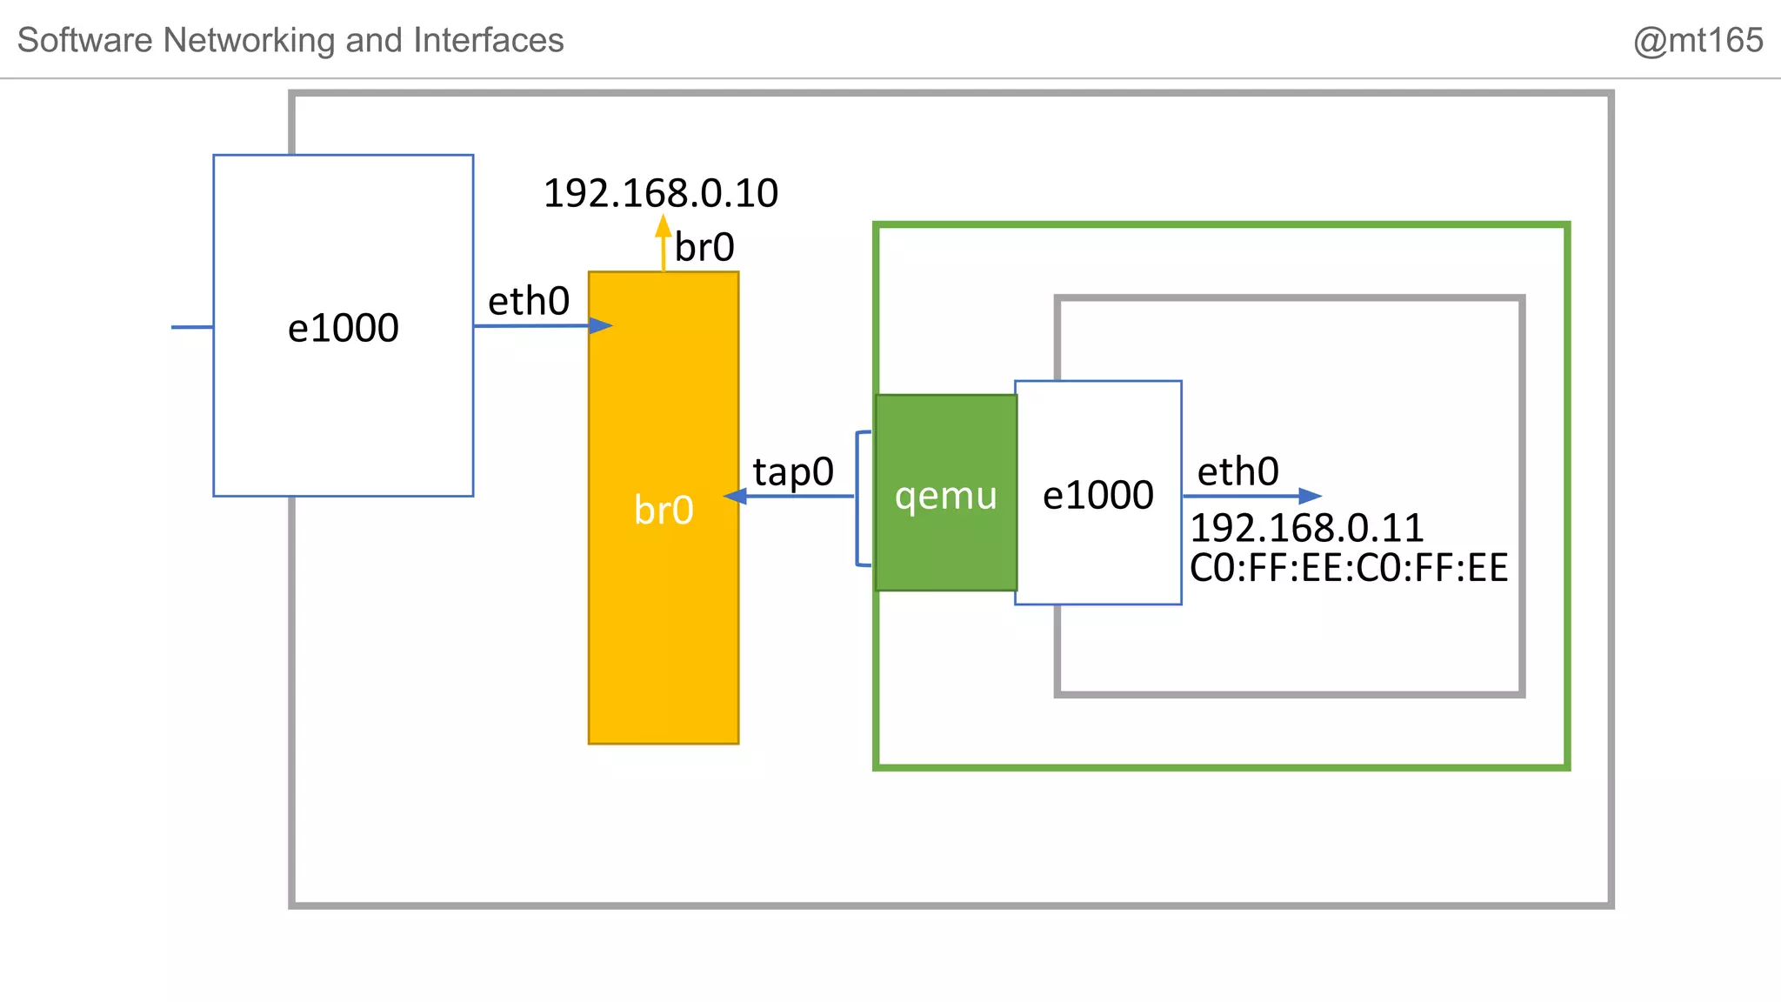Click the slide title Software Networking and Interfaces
point(290,41)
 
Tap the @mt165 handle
point(1697,41)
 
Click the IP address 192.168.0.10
point(660,193)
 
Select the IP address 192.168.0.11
point(1306,528)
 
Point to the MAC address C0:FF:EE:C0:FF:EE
point(1348,568)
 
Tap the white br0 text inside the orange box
point(664,510)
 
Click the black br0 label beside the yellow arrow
point(704,248)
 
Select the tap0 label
point(793,471)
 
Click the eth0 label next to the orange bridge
point(529,302)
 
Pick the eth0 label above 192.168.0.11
point(1237,471)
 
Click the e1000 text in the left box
point(344,328)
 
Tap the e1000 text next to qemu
point(1098,495)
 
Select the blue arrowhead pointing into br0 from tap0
point(735,496)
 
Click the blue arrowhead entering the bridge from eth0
point(601,325)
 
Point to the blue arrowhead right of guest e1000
point(1310,496)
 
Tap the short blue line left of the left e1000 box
point(192,327)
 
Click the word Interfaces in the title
point(489,41)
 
